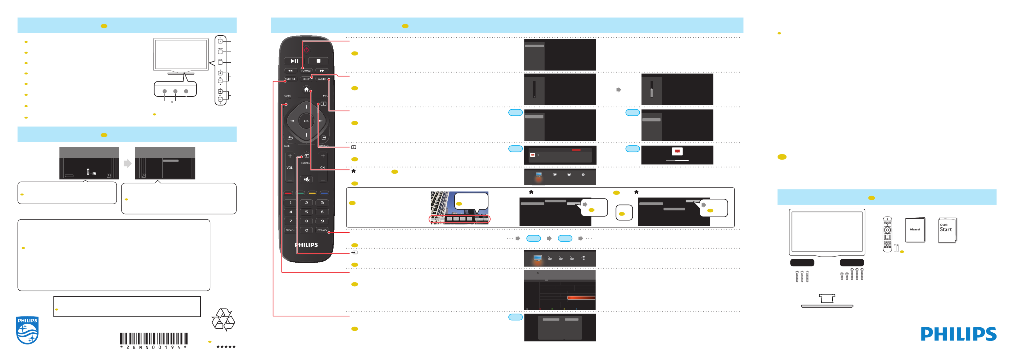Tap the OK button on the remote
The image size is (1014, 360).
[x=306, y=121]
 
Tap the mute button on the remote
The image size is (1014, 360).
[x=306, y=179]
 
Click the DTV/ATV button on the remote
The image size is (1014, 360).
[x=322, y=230]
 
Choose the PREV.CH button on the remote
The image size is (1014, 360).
[x=290, y=230]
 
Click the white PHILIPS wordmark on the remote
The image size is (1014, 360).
[x=306, y=245]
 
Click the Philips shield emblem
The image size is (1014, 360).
[x=27, y=330]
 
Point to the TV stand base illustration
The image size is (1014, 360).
[x=827, y=301]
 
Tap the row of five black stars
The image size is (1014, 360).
[x=226, y=347]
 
